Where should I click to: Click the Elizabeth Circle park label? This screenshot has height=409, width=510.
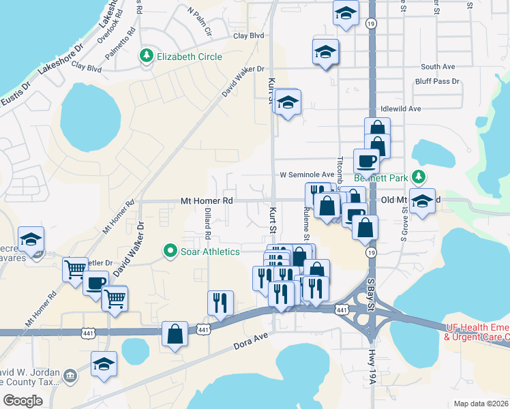click(x=190, y=57)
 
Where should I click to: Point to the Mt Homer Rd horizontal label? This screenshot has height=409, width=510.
click(x=207, y=201)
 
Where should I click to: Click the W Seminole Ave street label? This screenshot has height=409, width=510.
click(x=307, y=175)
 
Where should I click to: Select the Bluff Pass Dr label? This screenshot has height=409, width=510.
click(x=437, y=81)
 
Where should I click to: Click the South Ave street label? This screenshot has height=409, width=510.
click(x=438, y=67)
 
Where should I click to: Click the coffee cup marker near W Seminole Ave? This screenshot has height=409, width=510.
click(x=366, y=161)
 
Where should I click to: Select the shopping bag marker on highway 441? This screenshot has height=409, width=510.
click(x=175, y=334)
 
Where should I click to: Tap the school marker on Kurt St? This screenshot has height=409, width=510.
click(x=288, y=103)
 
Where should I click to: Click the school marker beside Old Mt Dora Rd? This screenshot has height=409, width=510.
click(x=423, y=201)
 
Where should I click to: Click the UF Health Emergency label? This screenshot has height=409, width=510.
click(x=477, y=332)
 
